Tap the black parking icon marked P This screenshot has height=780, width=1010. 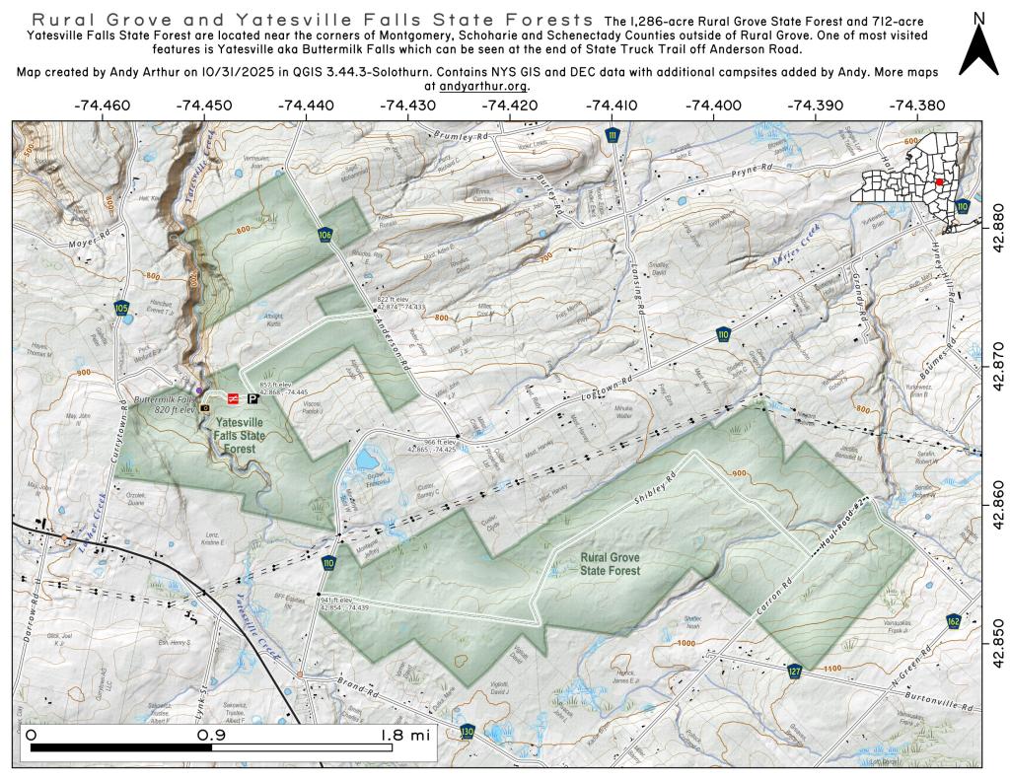253,399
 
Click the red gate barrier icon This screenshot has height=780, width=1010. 233,399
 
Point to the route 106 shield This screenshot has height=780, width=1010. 325,235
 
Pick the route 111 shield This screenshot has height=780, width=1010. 613,135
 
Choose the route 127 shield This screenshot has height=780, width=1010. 795,672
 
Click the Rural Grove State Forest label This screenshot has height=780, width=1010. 610,564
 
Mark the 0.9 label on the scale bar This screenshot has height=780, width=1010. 211,735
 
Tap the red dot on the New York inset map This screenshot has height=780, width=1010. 940,181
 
